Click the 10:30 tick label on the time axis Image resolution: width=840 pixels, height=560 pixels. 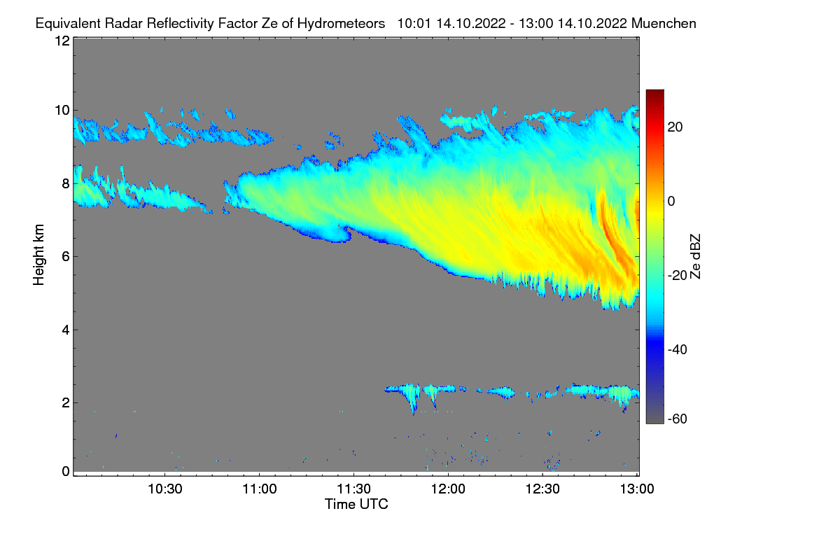click(x=165, y=489)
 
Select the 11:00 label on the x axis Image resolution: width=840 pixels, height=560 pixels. click(x=260, y=489)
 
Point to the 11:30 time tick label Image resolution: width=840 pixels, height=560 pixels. click(x=354, y=489)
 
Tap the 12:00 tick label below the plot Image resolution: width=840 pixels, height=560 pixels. click(x=448, y=489)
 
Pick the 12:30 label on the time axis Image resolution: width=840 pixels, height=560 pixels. click(x=542, y=489)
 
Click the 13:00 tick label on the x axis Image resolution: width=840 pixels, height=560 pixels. click(x=636, y=489)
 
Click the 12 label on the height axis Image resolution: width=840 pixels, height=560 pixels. click(x=62, y=41)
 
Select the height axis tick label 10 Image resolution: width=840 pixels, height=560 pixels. click(x=62, y=110)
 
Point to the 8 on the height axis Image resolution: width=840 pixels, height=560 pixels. click(x=65, y=183)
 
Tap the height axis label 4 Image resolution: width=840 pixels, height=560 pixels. click(x=65, y=330)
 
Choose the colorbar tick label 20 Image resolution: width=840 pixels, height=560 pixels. click(x=675, y=127)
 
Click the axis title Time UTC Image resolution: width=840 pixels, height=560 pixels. click(x=356, y=504)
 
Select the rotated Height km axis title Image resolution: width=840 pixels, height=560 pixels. click(x=38, y=255)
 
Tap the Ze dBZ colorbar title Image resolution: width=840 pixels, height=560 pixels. click(x=695, y=256)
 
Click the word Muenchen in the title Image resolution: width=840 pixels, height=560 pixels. click(x=663, y=23)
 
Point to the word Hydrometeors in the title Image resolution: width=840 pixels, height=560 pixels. click(x=341, y=23)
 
